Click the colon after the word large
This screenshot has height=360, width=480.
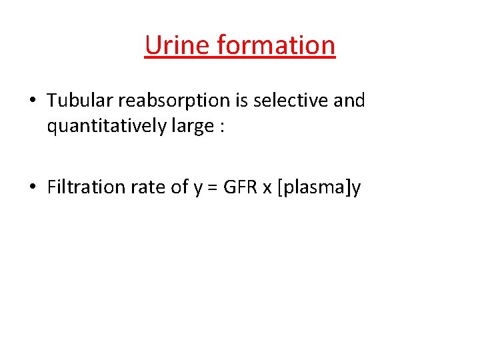tap(221, 127)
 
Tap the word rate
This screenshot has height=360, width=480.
tap(148, 187)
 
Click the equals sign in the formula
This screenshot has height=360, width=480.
tap(212, 188)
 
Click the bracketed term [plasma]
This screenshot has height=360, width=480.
tap(314, 188)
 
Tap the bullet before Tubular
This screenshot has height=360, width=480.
tap(33, 101)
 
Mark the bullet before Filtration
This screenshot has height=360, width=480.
tap(33, 188)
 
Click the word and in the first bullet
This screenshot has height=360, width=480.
tap(349, 101)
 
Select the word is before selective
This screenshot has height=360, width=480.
tap(241, 101)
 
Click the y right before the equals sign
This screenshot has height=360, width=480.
tap(197, 189)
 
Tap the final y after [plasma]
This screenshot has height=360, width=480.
tap(356, 189)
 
